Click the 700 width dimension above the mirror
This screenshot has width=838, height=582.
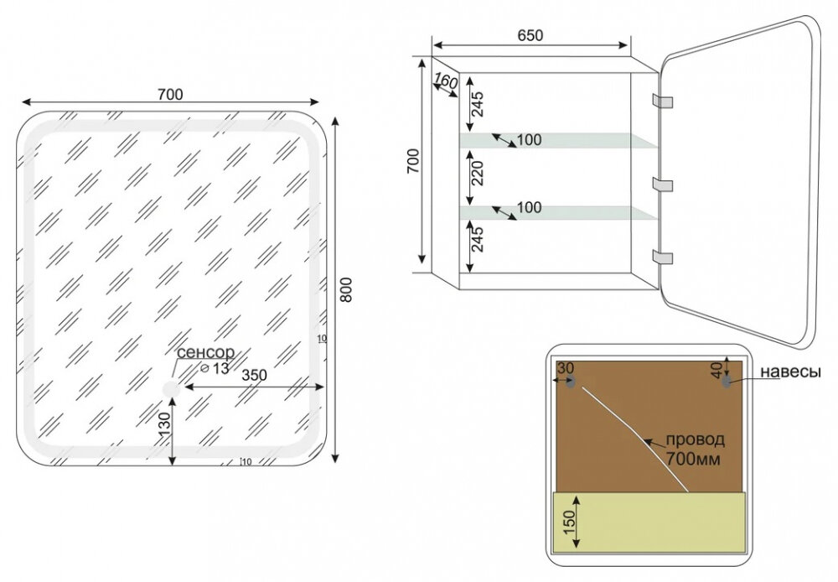coord(169,94)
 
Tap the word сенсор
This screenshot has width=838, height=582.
coord(204,353)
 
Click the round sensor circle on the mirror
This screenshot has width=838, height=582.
coord(172,388)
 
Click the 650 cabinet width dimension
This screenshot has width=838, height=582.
coord(530,35)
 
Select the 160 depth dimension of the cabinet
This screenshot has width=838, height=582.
coord(446,82)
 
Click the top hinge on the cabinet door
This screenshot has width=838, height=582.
coord(663,101)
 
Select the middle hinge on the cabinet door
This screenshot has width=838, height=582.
coord(663,183)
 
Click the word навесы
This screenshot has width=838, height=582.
coord(790,372)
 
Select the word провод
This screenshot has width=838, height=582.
coord(695,439)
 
